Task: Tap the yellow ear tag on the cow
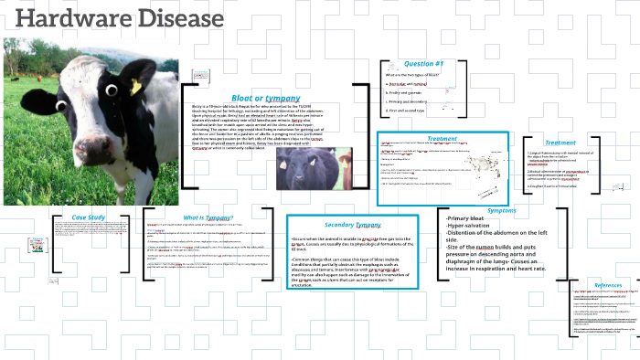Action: coord(136,86)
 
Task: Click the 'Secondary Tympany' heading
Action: coord(352,224)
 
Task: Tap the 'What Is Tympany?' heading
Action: coord(208,217)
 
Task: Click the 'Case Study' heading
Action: coord(89,217)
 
